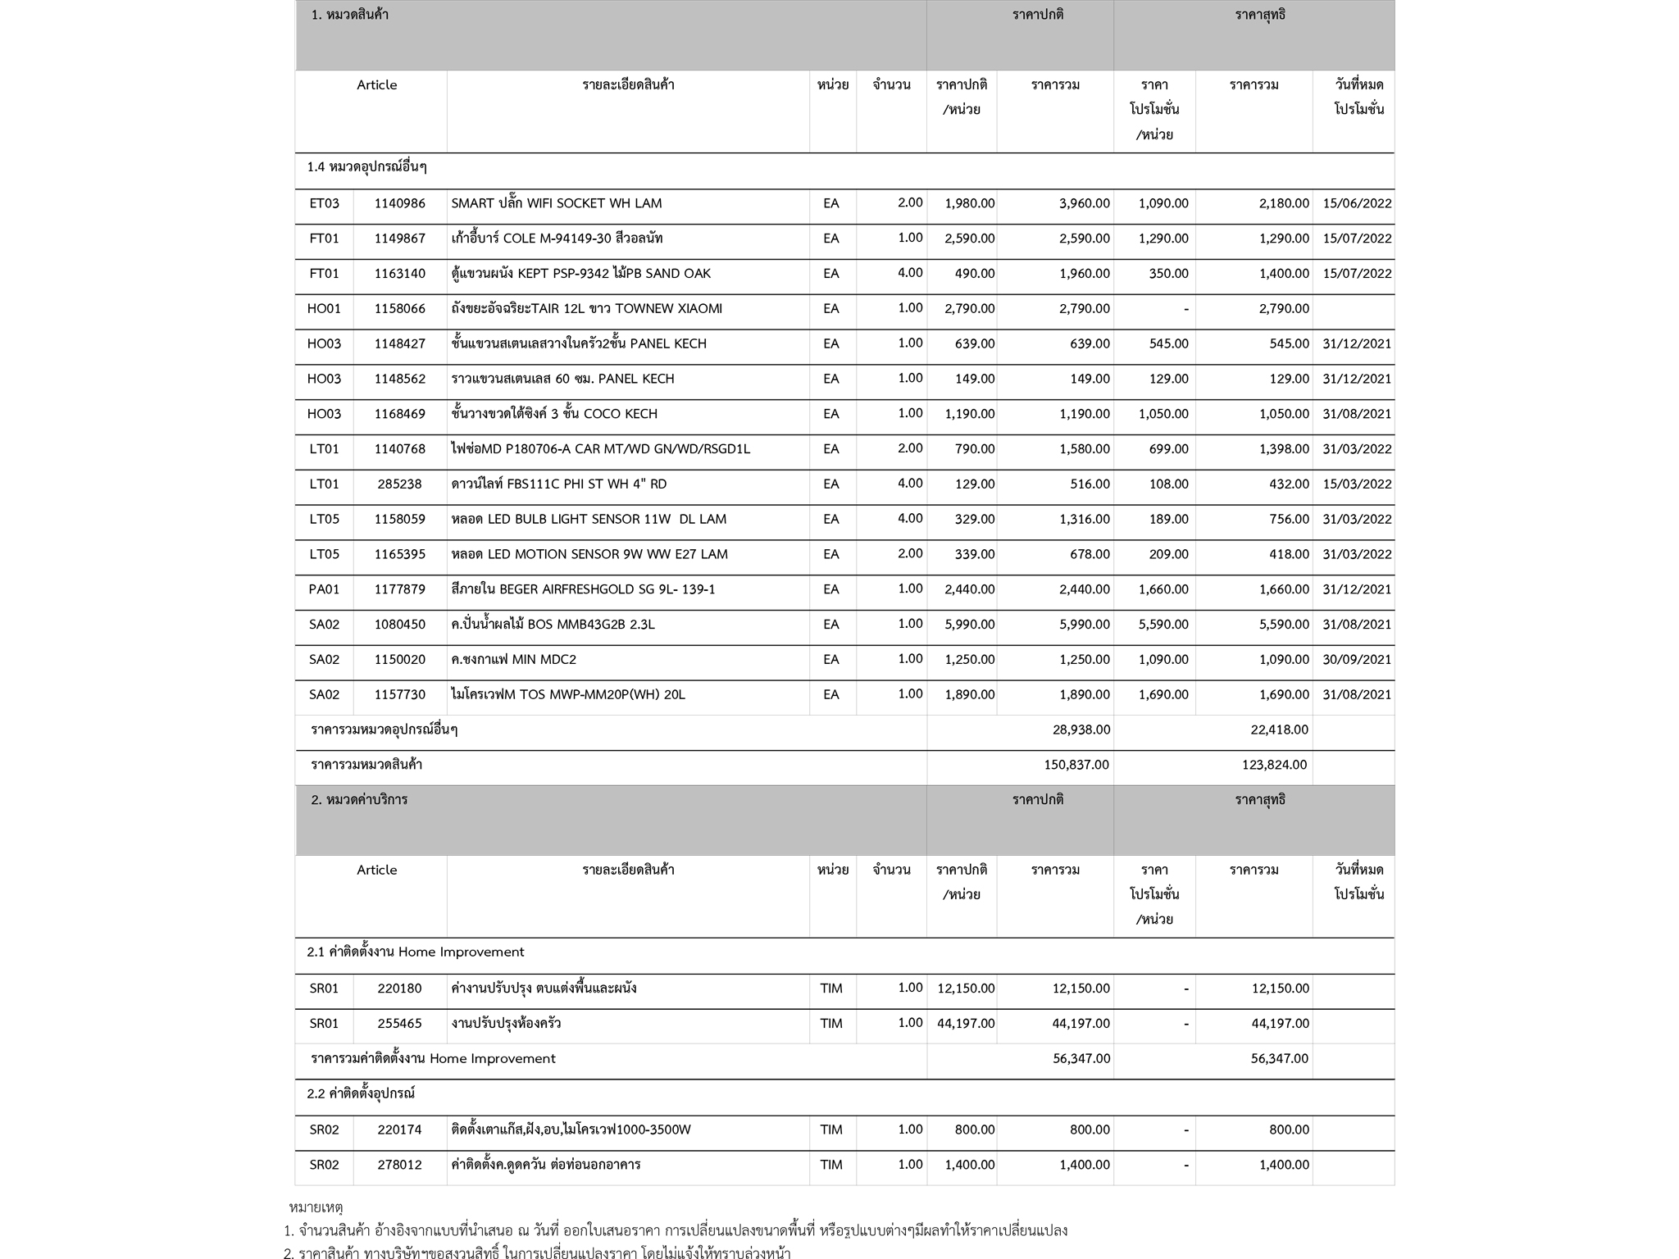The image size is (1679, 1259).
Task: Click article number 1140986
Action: click(399, 203)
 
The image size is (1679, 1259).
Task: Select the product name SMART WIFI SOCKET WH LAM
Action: click(556, 203)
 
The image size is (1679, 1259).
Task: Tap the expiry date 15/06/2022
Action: click(1357, 203)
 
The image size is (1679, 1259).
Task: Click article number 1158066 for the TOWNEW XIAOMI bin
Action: click(399, 309)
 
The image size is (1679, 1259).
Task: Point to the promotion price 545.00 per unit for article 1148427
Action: click(1168, 343)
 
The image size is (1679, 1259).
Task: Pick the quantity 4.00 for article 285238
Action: click(909, 484)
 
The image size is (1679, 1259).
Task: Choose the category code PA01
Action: click(324, 589)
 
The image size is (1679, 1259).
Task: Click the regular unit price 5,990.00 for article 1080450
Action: click(969, 625)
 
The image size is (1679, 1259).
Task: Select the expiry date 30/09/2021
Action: click(1357, 660)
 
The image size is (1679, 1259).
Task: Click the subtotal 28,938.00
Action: click(1081, 729)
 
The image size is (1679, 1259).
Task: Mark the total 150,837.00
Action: click(1076, 765)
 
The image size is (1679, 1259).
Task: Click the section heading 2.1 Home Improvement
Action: click(415, 952)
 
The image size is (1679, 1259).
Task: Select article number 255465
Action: click(399, 1023)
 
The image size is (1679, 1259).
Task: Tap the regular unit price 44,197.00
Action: click(966, 1023)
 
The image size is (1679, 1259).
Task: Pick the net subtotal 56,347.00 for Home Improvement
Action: click(1279, 1058)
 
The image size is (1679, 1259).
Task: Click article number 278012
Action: click(399, 1165)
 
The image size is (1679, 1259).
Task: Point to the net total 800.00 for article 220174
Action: click(1289, 1129)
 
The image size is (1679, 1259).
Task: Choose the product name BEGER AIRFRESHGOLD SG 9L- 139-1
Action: click(583, 589)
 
